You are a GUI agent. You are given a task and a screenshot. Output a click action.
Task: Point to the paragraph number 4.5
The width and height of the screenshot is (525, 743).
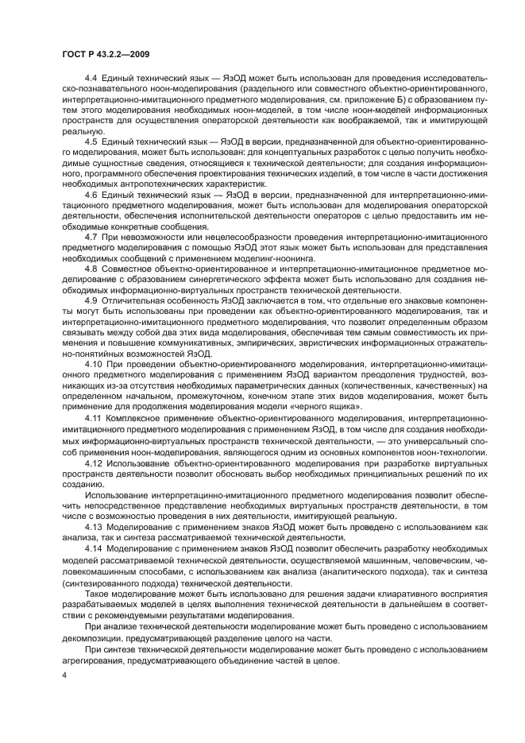(x=91, y=141)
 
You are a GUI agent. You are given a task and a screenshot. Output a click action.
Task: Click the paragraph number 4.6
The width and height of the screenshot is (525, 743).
(x=91, y=193)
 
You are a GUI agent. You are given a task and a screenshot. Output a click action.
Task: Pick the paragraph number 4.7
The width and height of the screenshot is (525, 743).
(x=91, y=237)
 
